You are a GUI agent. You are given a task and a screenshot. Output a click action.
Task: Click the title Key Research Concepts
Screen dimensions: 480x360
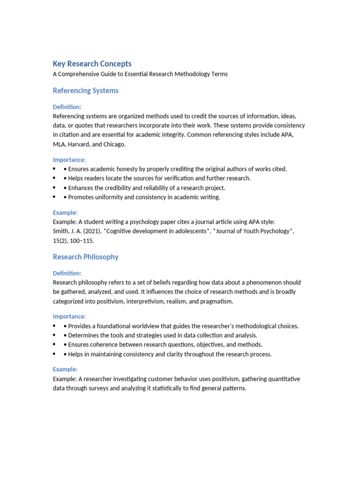[x=92, y=64]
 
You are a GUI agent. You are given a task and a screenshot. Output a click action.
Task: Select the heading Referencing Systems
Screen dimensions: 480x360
[x=85, y=90]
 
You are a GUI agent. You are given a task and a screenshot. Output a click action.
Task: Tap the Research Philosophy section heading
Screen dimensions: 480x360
[x=85, y=257]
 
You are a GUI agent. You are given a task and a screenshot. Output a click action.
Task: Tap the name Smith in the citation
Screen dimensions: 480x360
[x=61, y=231]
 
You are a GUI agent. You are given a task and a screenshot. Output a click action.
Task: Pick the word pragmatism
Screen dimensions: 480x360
[x=217, y=301]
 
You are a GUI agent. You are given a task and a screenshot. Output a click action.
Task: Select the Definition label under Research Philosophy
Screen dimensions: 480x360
[x=67, y=273]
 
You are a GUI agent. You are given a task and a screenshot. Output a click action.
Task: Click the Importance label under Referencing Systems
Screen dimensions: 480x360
[x=69, y=160]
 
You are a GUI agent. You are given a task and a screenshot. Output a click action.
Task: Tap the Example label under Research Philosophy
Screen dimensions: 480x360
[x=65, y=369]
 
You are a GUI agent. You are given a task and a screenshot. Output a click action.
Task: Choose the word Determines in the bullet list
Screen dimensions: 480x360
[x=84, y=335]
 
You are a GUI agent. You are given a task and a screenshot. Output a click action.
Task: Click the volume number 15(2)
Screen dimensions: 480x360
[x=60, y=240]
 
